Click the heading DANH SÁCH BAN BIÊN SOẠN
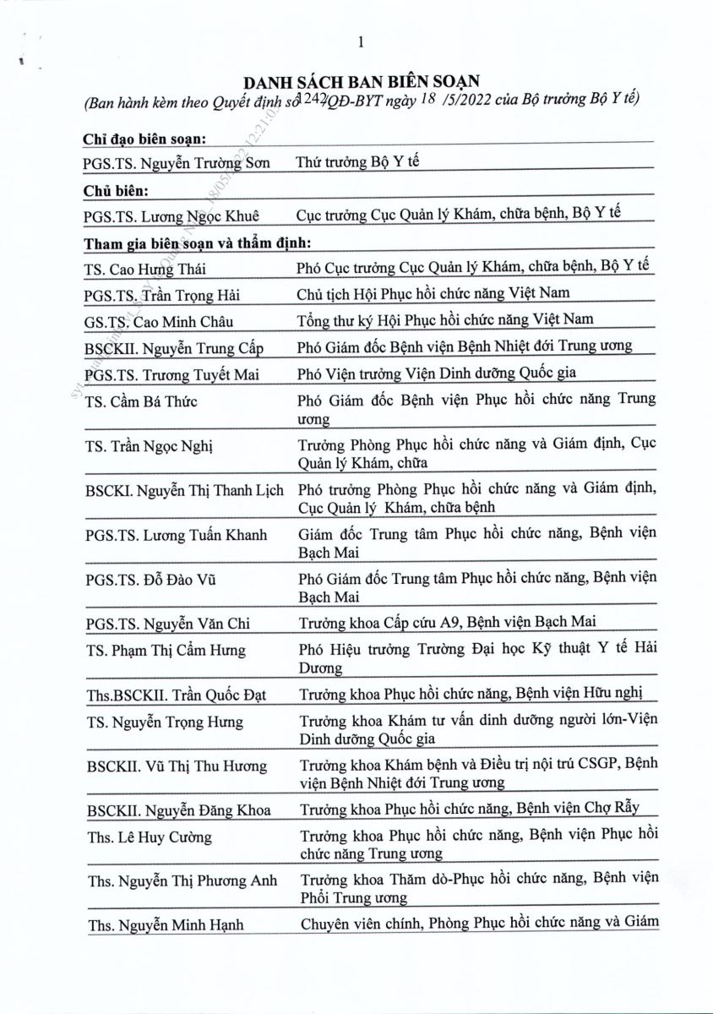(x=361, y=82)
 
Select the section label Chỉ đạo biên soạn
(x=145, y=139)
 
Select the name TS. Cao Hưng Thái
(x=145, y=270)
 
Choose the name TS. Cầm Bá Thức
(x=141, y=401)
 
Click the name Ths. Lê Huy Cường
(x=149, y=837)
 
